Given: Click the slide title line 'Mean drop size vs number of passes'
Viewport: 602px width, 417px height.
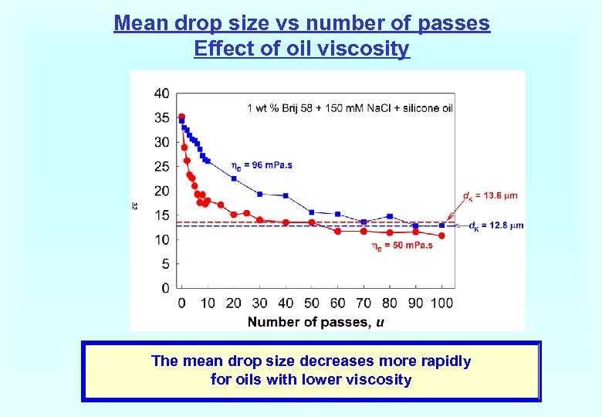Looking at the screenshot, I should point(302,23).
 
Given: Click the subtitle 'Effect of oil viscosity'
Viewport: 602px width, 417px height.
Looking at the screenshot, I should point(302,49).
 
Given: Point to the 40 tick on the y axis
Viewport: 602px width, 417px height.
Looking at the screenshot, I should point(162,93).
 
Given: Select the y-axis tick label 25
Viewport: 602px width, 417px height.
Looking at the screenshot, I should point(162,167).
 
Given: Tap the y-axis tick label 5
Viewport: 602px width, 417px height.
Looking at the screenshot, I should point(165,264).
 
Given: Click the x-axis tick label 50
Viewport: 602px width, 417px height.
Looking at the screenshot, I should point(312,303).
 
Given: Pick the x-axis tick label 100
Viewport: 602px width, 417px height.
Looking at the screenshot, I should point(441,303).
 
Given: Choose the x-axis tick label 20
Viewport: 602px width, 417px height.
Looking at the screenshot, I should point(234,303).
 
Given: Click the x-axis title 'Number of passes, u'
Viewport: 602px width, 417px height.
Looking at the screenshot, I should point(316,322).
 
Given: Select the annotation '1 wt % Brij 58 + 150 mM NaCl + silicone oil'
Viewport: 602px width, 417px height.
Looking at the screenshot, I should point(350,108).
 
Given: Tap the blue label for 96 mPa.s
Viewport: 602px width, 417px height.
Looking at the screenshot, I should point(262,165).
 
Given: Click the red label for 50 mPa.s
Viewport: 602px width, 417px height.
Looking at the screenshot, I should point(402,246).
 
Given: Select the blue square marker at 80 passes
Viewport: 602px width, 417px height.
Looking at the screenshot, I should point(390,216).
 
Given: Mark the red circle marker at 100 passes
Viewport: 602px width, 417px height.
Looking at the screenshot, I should point(441,236).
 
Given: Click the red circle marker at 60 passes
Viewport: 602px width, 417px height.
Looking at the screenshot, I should point(337,231).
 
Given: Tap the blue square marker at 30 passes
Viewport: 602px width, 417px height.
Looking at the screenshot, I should point(260,194).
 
